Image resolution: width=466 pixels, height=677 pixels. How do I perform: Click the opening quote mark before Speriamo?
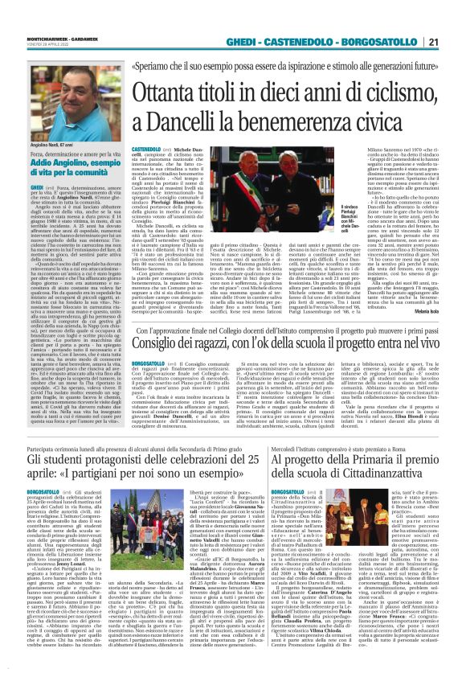coord(140,68)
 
